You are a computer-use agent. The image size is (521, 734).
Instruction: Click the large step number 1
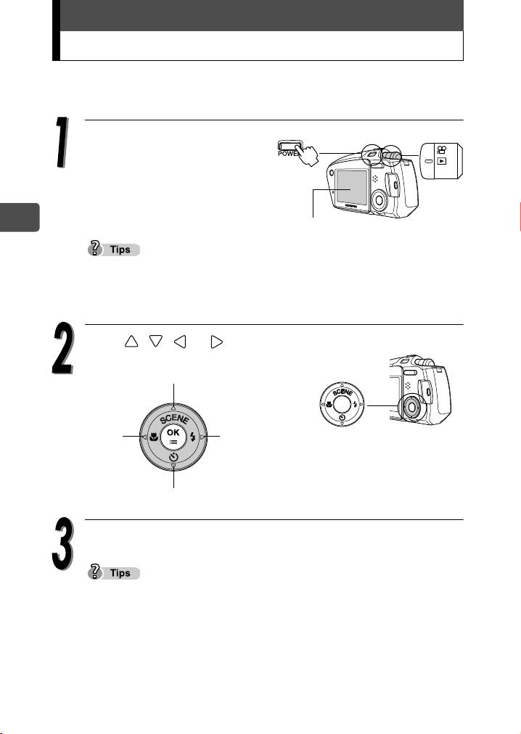pyautogui.click(x=62, y=142)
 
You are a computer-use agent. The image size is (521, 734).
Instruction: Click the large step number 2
pyautogui.click(x=62, y=348)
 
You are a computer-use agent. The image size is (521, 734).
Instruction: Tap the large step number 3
pyautogui.click(x=63, y=543)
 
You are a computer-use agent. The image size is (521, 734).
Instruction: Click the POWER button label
pyautogui.click(x=287, y=154)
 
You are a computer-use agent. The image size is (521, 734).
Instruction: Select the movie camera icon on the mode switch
pyautogui.click(x=441, y=150)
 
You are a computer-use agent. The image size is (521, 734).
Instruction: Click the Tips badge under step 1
pyautogui.click(x=114, y=249)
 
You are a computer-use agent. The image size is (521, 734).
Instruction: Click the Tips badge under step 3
pyautogui.click(x=114, y=572)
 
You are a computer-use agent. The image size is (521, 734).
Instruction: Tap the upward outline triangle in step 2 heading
pyautogui.click(x=131, y=342)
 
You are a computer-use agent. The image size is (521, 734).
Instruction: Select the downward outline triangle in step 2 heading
pyautogui.click(x=155, y=342)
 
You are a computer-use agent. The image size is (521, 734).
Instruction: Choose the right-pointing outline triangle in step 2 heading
pyautogui.click(x=216, y=342)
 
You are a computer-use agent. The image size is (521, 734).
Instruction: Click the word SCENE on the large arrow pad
pyautogui.click(x=174, y=418)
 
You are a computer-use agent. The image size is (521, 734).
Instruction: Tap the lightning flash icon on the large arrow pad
pyautogui.click(x=192, y=437)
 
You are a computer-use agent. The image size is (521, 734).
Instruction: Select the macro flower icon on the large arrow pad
pyautogui.click(x=154, y=437)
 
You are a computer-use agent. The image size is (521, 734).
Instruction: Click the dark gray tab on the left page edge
pyautogui.click(x=20, y=217)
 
